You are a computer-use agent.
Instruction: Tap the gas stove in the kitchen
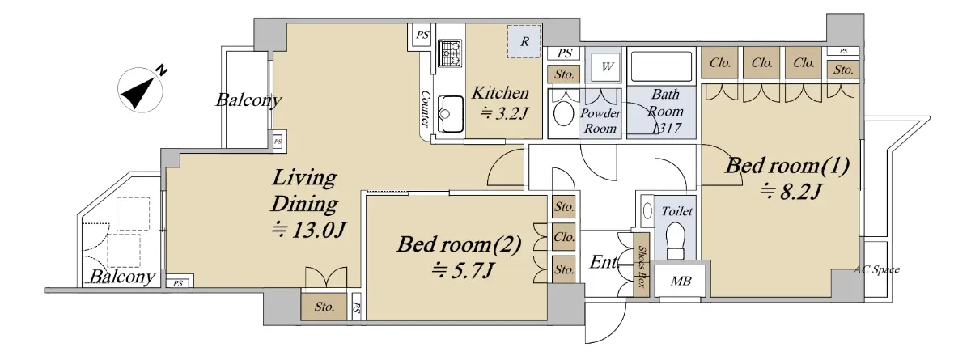pos(451,53)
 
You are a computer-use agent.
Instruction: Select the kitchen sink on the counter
pos(451,113)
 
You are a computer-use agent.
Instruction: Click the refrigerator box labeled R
pos(524,41)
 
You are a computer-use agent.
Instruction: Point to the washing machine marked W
pos(606,67)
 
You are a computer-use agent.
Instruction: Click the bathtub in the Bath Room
pos(662,66)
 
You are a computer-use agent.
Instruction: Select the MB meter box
pos(681,280)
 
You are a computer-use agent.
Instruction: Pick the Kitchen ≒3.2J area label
pos(501,103)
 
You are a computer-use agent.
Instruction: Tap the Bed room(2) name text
pos(459,244)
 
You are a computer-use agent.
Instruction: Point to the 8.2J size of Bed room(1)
pos(791,191)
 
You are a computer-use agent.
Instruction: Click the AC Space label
pos(876,270)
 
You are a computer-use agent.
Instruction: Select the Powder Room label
pos(600,121)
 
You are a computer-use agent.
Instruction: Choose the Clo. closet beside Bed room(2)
pos(564,237)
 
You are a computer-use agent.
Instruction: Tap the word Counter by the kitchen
pos(426,108)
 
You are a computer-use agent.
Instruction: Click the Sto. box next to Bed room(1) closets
pos(843,70)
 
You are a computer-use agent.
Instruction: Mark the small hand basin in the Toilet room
pos(647,211)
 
